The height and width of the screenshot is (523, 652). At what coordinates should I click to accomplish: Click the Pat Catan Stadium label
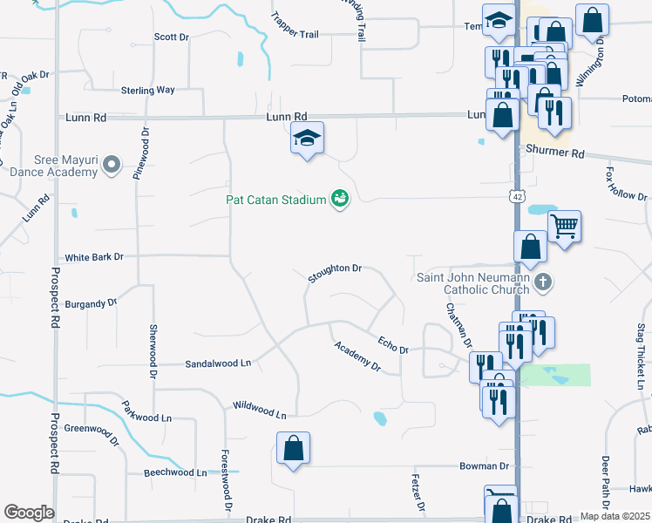coord(275,199)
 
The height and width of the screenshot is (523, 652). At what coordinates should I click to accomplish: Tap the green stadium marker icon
coord(339,200)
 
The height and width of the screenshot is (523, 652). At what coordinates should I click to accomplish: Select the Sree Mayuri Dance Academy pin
coord(111,165)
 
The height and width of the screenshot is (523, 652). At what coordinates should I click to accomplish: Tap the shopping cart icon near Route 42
coord(564,228)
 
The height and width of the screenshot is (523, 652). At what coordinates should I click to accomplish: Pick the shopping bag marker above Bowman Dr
coord(294,449)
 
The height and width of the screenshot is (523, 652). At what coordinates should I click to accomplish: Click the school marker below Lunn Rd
coord(307,139)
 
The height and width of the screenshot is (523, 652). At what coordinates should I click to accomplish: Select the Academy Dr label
coord(358,356)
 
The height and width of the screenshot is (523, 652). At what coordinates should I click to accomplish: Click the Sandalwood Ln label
coord(218,363)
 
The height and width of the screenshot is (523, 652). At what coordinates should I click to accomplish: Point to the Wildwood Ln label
coord(259,410)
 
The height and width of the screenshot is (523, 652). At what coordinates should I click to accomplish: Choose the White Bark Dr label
coord(95,257)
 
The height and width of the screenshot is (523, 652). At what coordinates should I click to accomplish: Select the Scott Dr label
coord(172,37)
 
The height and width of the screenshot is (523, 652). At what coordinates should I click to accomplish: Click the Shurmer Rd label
coord(554,151)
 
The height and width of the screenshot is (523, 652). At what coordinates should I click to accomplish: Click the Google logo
coord(29,513)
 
